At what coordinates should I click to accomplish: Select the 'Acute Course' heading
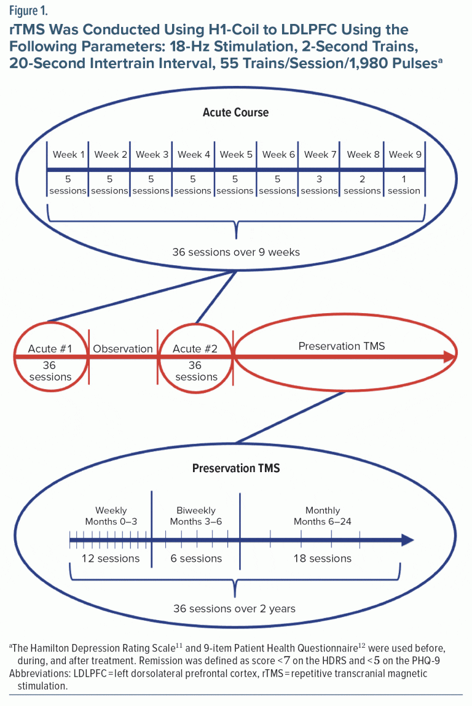pyautogui.click(x=235, y=112)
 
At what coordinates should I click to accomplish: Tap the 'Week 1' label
pyautogui.click(x=68, y=155)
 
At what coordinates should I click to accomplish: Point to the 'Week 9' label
pyautogui.click(x=405, y=155)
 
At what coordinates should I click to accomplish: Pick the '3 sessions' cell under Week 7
pyautogui.click(x=319, y=185)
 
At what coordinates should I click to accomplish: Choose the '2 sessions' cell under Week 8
pyautogui.click(x=362, y=185)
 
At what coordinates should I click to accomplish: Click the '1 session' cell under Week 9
pyautogui.click(x=404, y=185)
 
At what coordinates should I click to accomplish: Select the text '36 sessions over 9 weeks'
pyautogui.click(x=236, y=252)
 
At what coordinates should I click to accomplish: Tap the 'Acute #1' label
pyautogui.click(x=50, y=349)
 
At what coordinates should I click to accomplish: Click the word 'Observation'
pyautogui.click(x=123, y=349)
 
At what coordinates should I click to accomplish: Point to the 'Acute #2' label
pyautogui.click(x=195, y=349)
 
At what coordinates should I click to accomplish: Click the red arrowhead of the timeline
pyautogui.click(x=449, y=357)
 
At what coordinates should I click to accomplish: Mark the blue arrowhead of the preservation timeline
pyautogui.click(x=407, y=540)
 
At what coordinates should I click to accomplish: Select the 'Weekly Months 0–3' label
pyautogui.click(x=111, y=516)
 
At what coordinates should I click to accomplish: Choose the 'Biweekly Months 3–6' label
pyautogui.click(x=195, y=516)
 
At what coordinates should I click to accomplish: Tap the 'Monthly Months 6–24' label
pyautogui.click(x=322, y=516)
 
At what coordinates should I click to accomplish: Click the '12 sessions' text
pyautogui.click(x=111, y=558)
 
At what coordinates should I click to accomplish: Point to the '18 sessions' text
pyautogui.click(x=322, y=558)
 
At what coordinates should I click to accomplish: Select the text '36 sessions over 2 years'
pyautogui.click(x=234, y=609)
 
